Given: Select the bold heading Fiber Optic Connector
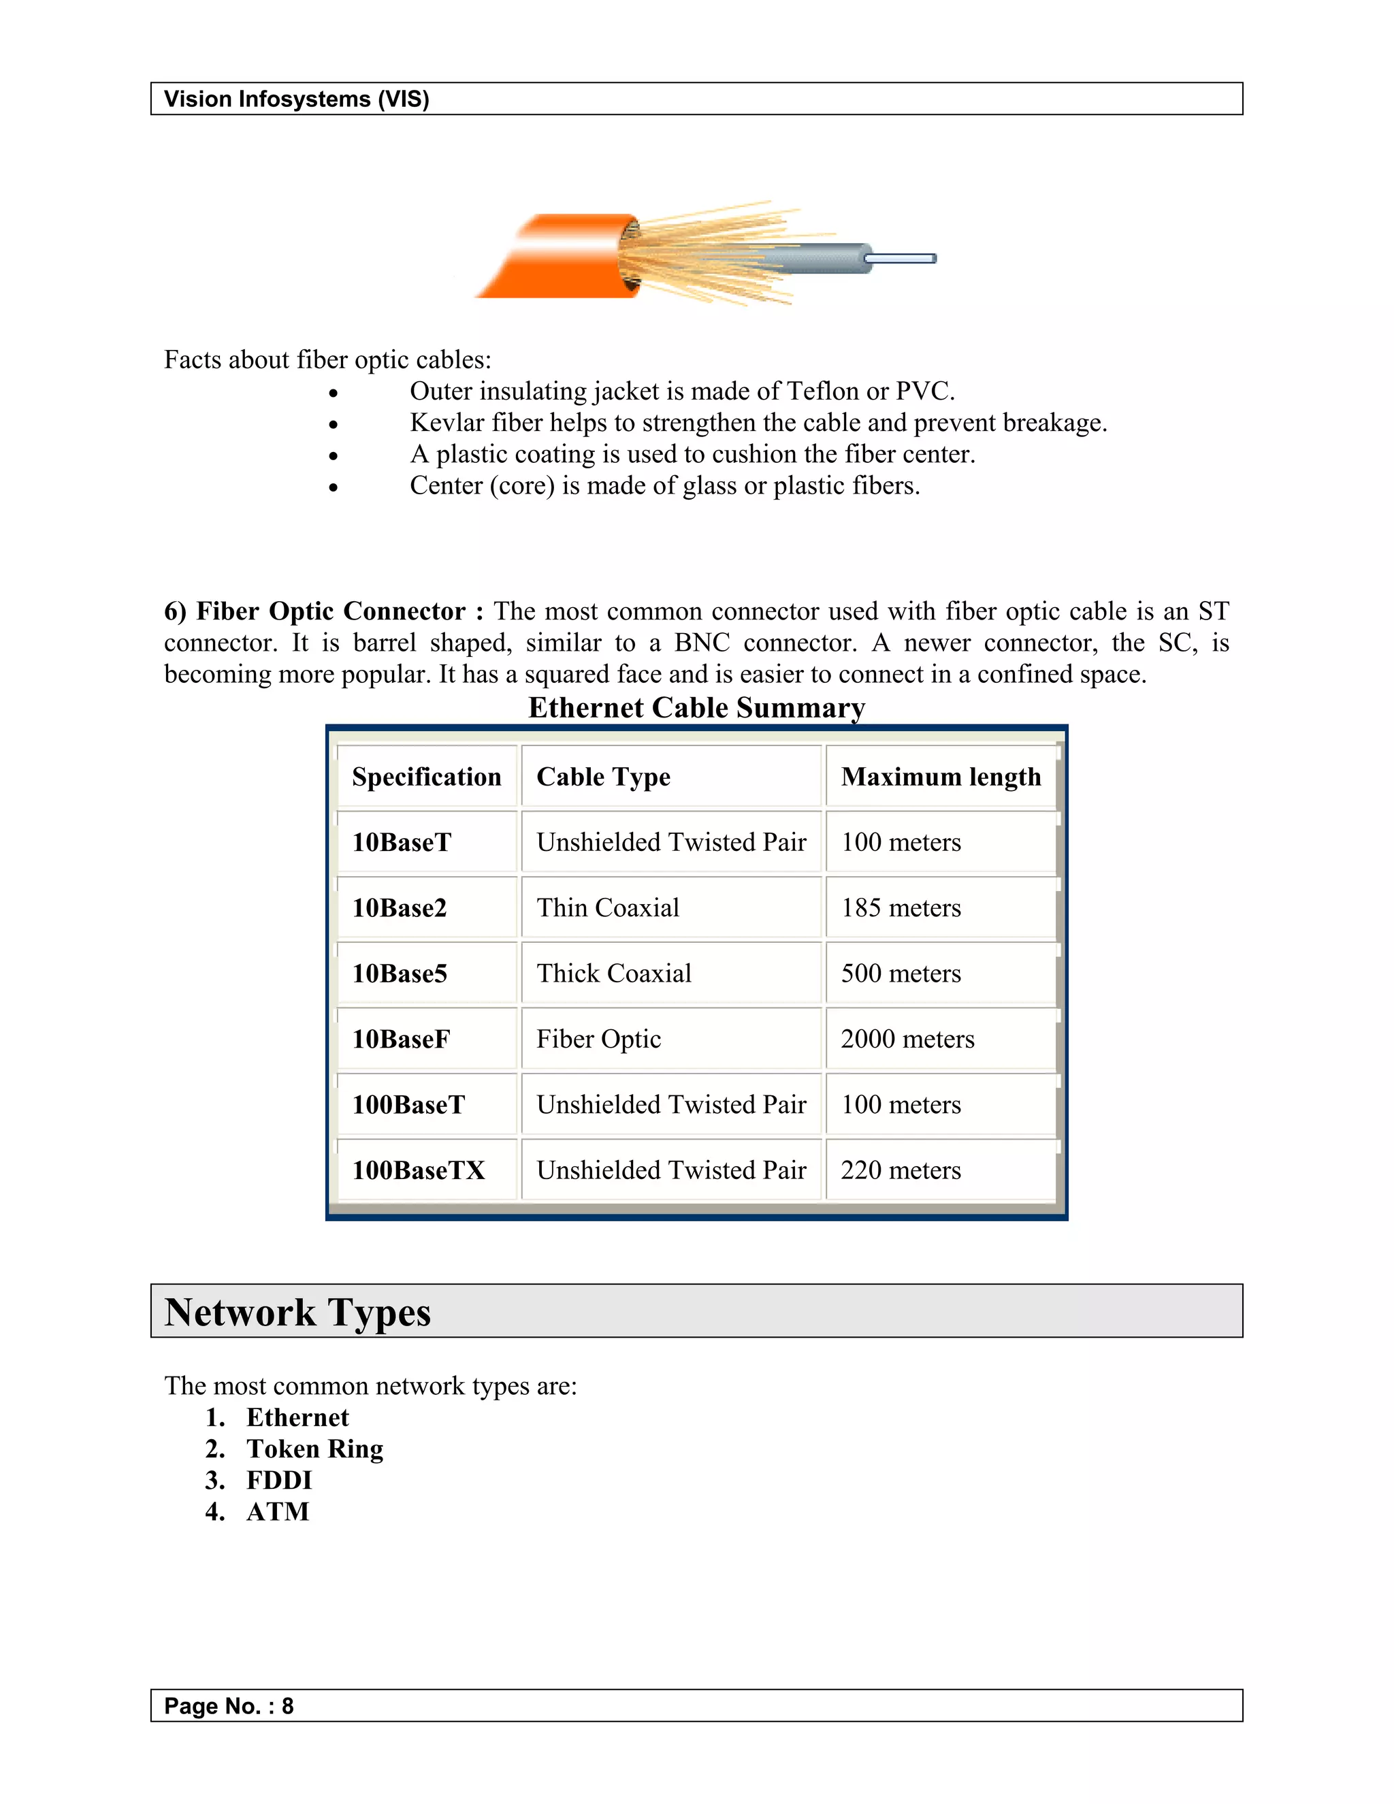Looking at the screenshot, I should (x=330, y=611).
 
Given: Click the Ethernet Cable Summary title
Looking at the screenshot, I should (x=696, y=708).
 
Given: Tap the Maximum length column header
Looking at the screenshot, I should (x=941, y=777).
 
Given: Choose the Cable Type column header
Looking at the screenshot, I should (x=603, y=777).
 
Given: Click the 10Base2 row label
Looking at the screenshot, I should (x=400, y=907).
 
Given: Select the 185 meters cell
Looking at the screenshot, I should (x=901, y=907).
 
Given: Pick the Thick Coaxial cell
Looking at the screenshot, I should (x=613, y=973).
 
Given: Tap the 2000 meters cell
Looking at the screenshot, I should (x=907, y=1039).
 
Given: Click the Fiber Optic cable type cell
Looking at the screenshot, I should (x=599, y=1039).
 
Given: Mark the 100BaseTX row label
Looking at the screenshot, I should (x=419, y=1170).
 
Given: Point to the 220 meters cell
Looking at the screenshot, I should (x=901, y=1170).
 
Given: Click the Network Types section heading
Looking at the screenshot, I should (x=297, y=1312).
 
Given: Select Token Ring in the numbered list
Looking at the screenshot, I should (x=314, y=1449).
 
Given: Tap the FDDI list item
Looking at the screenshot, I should (x=279, y=1480).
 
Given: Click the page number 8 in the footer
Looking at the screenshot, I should (x=287, y=1706).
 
